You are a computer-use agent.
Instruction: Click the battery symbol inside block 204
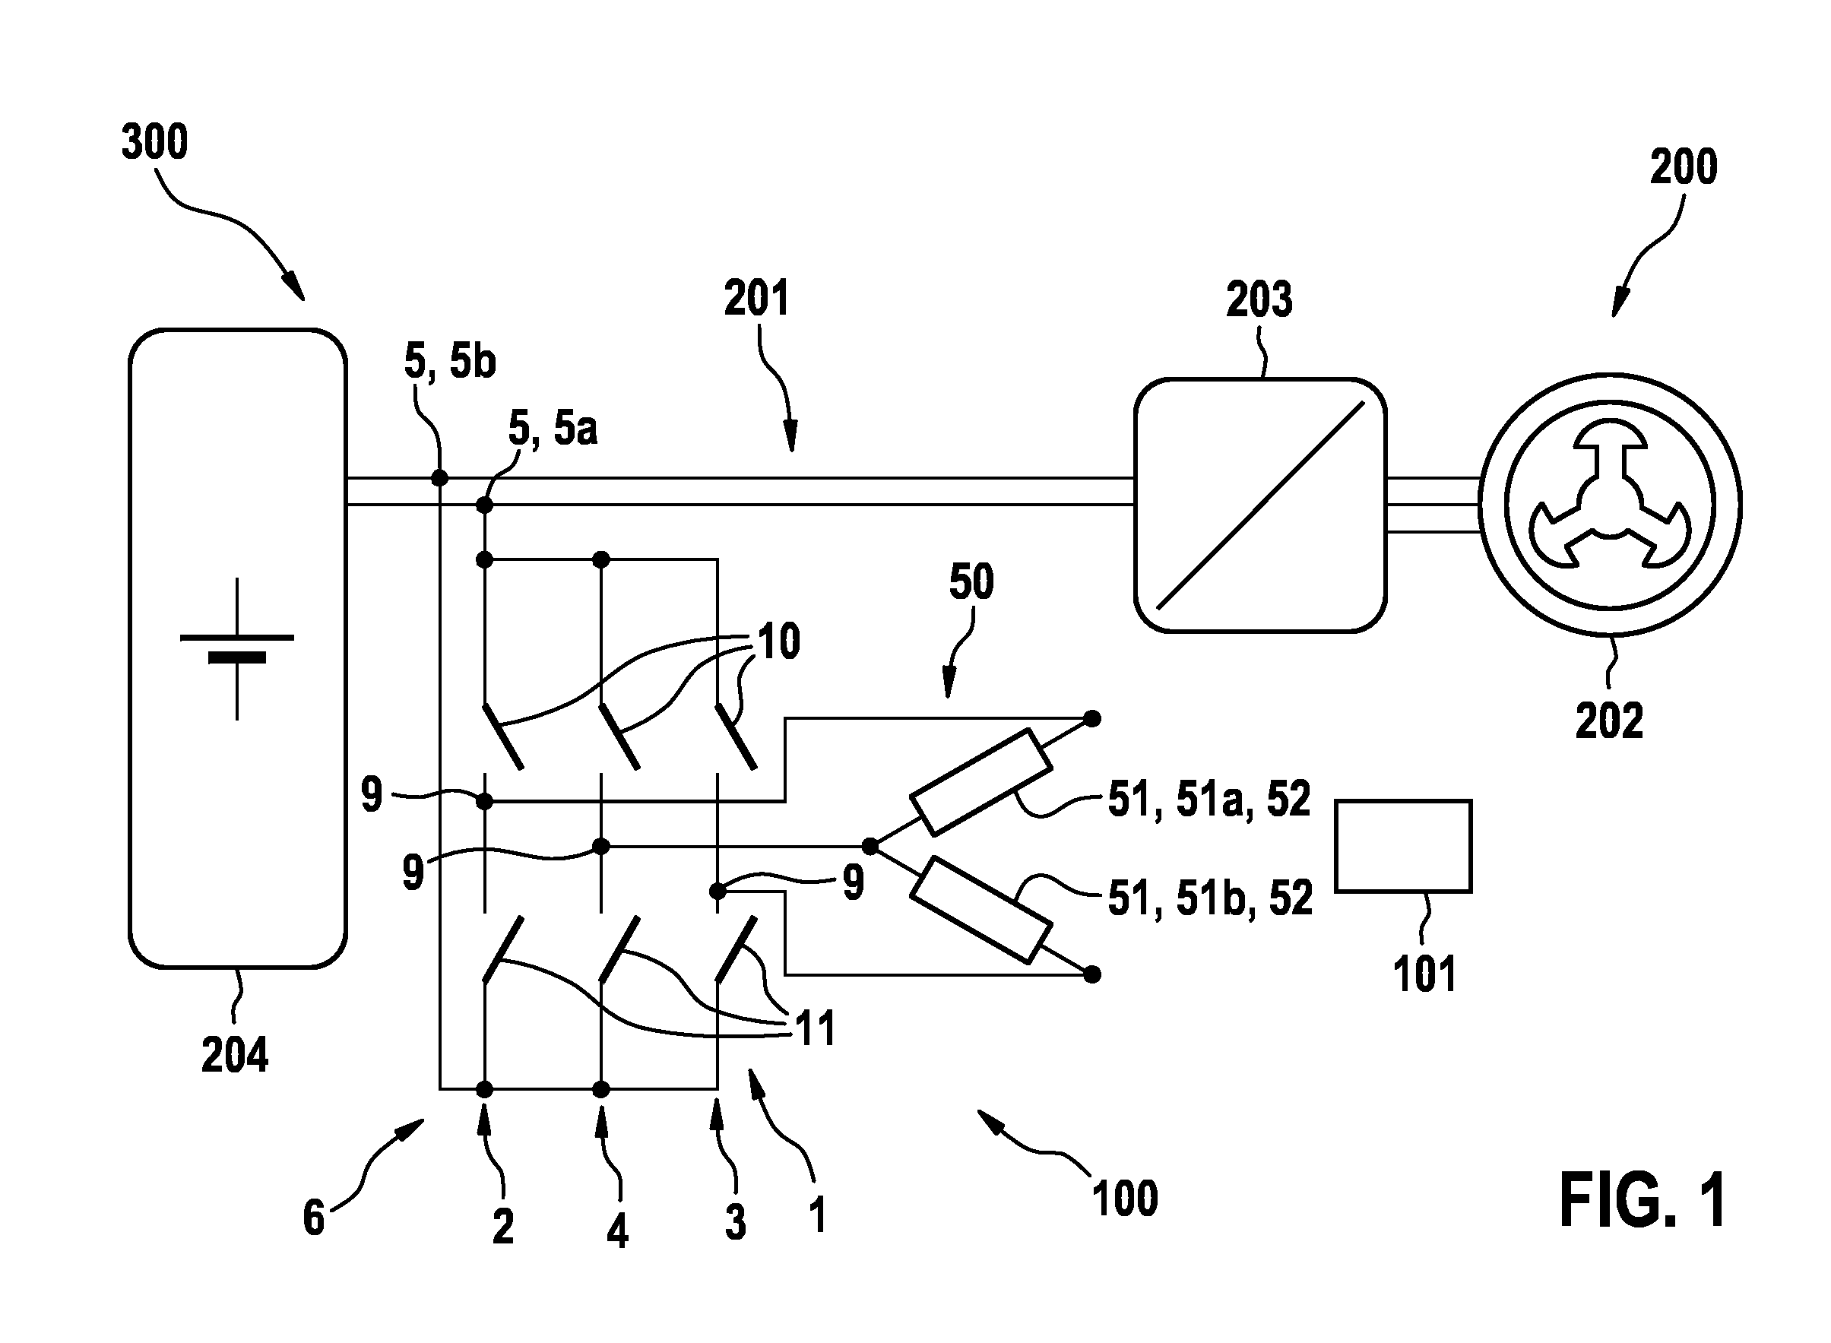pyautogui.click(x=236, y=649)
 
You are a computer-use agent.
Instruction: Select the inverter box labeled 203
pyautogui.click(x=1260, y=505)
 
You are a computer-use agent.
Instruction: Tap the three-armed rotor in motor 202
pyautogui.click(x=1610, y=505)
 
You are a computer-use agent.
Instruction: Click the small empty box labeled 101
pyautogui.click(x=1403, y=846)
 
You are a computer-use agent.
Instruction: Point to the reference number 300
pyautogui.click(x=154, y=141)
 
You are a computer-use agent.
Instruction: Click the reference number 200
pyautogui.click(x=1683, y=166)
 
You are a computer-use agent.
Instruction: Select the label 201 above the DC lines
pyautogui.click(x=756, y=299)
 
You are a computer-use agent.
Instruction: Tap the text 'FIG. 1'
pyautogui.click(x=1643, y=1201)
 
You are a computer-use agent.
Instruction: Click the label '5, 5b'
pyautogui.click(x=450, y=361)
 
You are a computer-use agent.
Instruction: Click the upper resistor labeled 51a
pyautogui.click(x=980, y=782)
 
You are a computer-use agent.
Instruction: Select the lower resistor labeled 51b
pyautogui.click(x=980, y=911)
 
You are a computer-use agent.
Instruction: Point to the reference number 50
pyautogui.click(x=971, y=582)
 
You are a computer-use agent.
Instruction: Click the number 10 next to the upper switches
pyautogui.click(x=779, y=641)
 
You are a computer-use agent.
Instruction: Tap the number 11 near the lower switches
pyautogui.click(x=816, y=1029)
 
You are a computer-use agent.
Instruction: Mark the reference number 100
pyautogui.click(x=1125, y=1199)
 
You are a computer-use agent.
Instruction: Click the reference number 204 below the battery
pyautogui.click(x=235, y=1055)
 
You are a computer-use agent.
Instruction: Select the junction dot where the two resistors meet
pyautogui.click(x=870, y=846)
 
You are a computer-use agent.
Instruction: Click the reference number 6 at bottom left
pyautogui.click(x=314, y=1218)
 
